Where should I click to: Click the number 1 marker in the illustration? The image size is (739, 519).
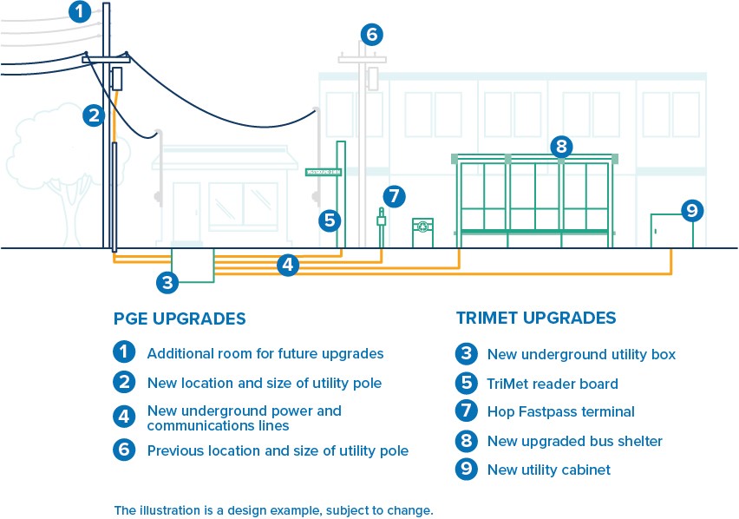(79, 12)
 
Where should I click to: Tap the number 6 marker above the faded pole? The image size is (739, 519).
(371, 35)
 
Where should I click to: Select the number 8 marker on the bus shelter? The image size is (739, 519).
(561, 146)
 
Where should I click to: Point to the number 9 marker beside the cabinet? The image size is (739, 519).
(691, 210)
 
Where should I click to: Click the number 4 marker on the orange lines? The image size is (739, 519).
(289, 265)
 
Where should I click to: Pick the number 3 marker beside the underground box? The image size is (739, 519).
(168, 281)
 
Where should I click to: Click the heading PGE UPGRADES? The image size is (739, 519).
(180, 319)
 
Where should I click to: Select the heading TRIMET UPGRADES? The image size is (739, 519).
(536, 319)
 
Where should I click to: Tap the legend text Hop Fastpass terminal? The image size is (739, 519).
(560, 411)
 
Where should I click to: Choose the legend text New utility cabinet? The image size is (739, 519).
(548, 470)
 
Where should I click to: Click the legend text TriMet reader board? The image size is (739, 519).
(553, 383)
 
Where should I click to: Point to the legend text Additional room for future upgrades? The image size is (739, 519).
(265, 353)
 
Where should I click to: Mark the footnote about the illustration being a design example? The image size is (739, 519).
(273, 509)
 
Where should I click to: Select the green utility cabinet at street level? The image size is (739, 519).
(672, 231)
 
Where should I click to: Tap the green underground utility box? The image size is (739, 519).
(193, 265)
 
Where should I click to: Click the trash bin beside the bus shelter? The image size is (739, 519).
(422, 233)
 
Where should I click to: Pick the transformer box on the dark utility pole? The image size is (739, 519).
(118, 79)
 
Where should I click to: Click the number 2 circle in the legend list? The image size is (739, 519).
(124, 382)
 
